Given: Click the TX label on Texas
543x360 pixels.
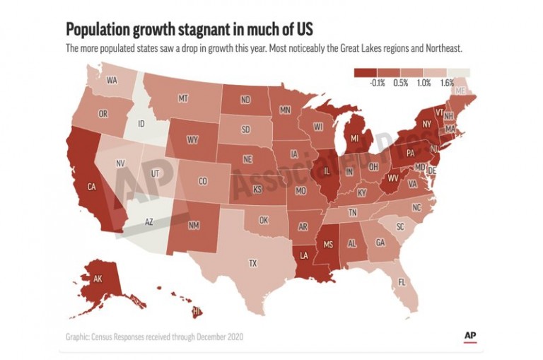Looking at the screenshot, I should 252,262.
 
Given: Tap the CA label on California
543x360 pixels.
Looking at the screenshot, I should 91,187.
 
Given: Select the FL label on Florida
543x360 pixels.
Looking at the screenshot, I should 401,281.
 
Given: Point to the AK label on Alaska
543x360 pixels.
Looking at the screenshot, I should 98,279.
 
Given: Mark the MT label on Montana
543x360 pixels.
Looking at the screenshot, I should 183,98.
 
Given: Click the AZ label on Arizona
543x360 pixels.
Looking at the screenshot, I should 148,221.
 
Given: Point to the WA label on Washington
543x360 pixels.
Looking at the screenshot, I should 112,81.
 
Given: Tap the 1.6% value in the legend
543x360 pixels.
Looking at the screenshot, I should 447,83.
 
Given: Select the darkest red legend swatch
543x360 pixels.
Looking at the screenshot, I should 365,72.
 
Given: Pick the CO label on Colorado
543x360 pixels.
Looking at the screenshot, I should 202,182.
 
